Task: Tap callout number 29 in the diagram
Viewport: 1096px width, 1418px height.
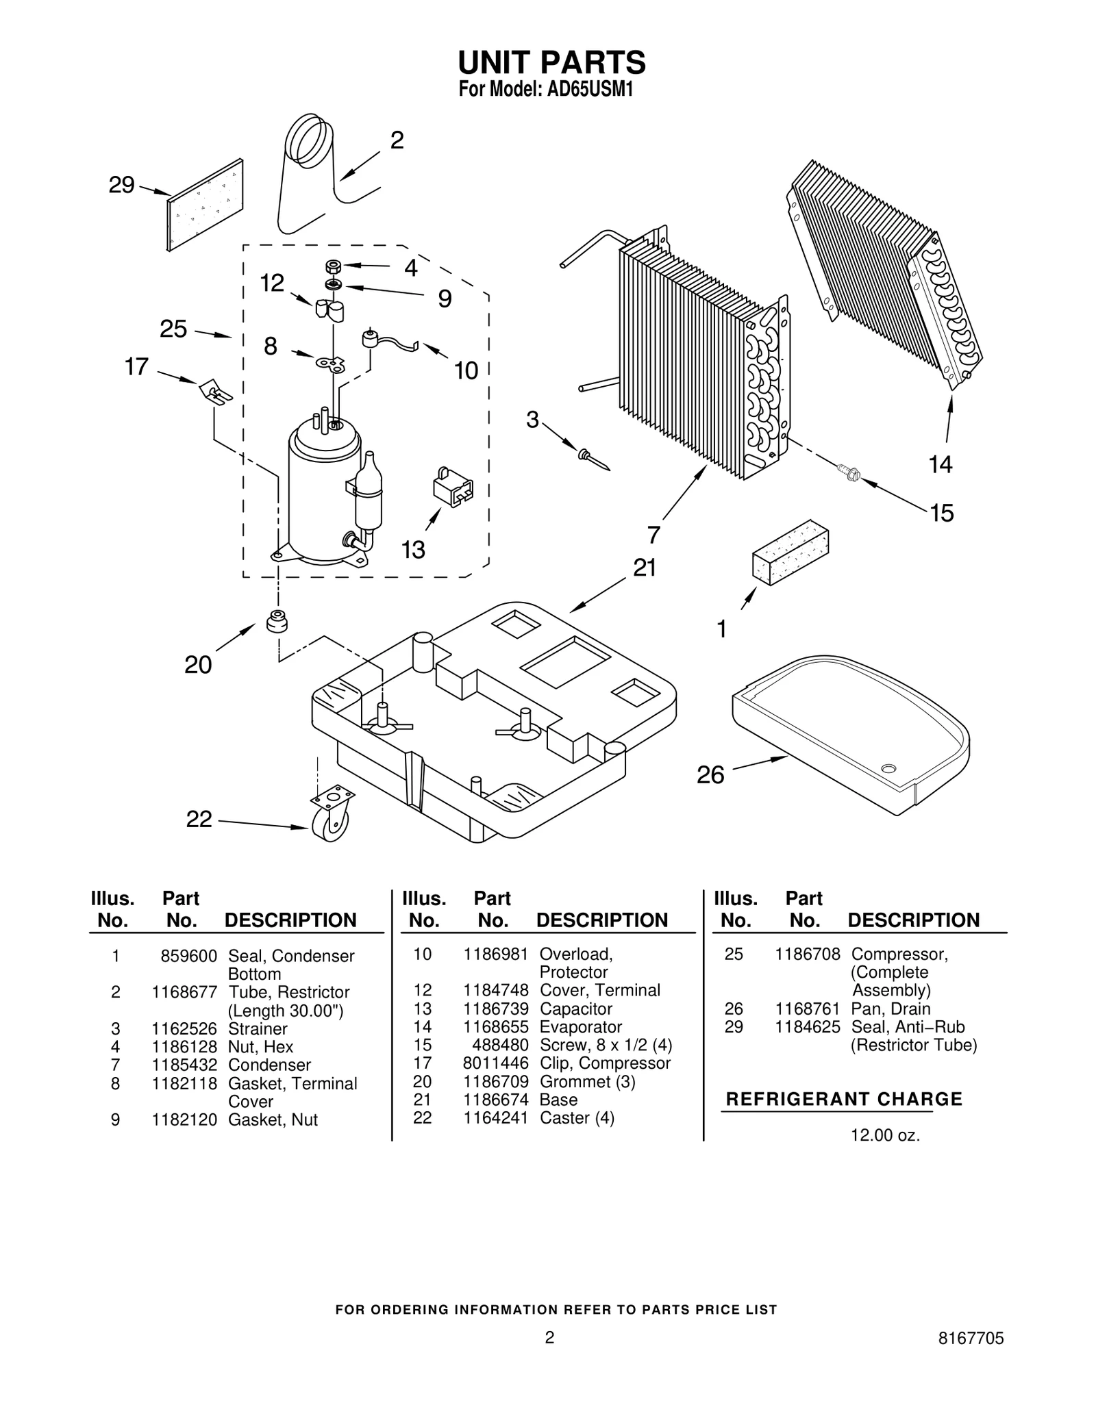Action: pos(121,186)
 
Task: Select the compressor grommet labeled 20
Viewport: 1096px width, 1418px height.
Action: pos(276,620)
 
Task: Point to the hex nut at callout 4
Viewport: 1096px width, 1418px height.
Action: pos(334,266)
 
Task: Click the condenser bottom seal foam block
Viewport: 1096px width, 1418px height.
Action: pos(790,557)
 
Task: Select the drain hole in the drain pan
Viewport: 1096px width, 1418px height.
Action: pos(888,768)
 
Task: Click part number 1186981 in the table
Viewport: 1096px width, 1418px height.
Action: pos(495,954)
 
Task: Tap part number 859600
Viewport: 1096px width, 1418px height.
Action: pos(188,957)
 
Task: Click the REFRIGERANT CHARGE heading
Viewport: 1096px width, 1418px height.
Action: pos(843,1100)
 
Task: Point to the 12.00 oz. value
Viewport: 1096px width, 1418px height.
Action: pos(884,1136)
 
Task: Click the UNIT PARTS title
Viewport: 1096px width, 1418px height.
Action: pos(551,63)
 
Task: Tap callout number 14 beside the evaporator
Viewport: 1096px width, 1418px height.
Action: pos(940,465)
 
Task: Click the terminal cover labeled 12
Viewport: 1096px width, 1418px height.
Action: pos(329,310)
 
